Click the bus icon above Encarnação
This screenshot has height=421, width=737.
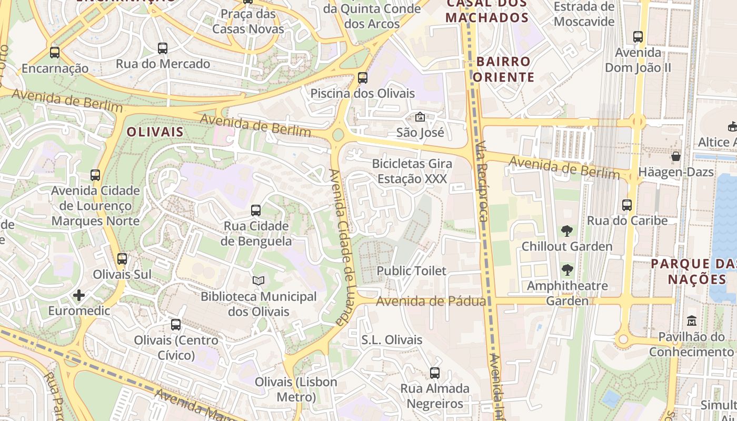[55, 53]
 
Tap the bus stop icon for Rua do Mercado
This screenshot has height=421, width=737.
[163, 48]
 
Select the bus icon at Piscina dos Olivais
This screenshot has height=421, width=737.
[363, 78]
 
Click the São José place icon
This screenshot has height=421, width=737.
[420, 117]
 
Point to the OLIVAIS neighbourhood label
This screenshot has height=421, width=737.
[155, 132]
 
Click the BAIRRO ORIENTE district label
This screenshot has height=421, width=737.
[503, 69]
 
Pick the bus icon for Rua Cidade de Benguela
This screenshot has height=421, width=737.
[256, 210]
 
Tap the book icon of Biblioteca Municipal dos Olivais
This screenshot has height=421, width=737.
[258, 281]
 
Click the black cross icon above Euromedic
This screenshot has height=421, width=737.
[79, 295]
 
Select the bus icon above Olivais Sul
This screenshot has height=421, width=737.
[122, 259]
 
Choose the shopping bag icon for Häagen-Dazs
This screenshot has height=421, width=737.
[676, 156]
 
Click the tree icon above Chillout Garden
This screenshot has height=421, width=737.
[567, 230]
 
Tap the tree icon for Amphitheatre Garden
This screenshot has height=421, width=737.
[567, 270]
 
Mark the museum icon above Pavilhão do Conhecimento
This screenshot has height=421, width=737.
[692, 320]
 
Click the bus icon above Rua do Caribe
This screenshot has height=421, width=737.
[627, 205]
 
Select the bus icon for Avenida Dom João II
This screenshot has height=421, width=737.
[638, 37]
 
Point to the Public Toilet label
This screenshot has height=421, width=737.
[411, 271]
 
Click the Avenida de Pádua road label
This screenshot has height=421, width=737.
[431, 302]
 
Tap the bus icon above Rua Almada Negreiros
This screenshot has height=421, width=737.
[435, 373]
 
